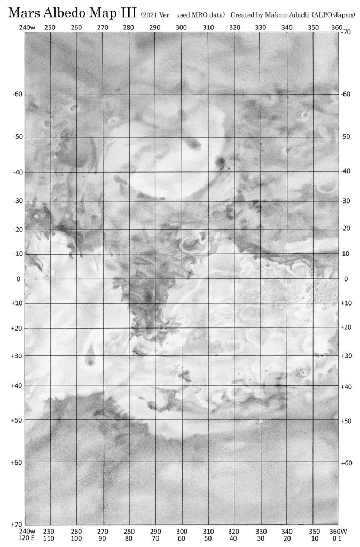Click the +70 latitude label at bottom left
point(18,525)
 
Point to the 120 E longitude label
point(26,540)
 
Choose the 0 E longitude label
point(336,540)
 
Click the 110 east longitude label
point(50,540)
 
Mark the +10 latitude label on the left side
point(18,303)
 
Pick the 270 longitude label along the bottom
point(103,532)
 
